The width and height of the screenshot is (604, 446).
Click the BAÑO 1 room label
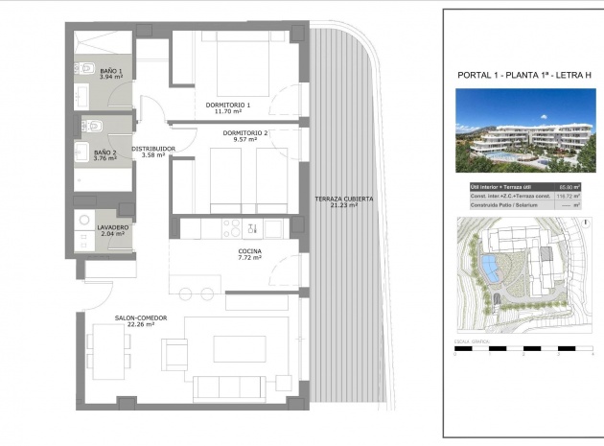[x=108, y=70]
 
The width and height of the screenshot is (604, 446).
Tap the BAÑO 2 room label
[x=105, y=152]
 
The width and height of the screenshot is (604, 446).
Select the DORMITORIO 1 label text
[x=228, y=104]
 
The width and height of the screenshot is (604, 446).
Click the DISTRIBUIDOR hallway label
[x=153, y=149]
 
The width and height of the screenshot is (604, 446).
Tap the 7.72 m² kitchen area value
[x=249, y=258]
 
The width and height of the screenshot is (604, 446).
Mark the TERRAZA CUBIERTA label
[x=343, y=199]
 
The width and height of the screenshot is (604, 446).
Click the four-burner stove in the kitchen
[x=232, y=227]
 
